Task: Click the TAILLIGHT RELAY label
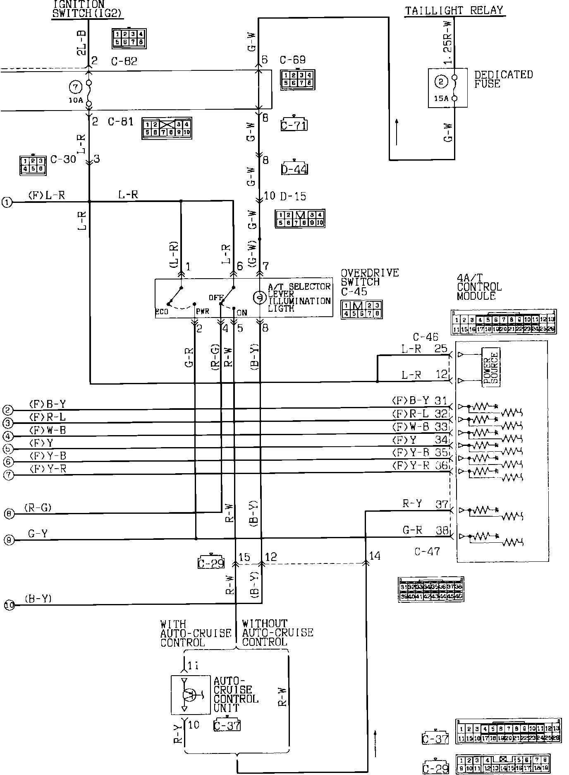[x=454, y=10]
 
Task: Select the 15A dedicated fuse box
[x=447, y=88]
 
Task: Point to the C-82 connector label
[x=124, y=61]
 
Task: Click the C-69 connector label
[x=292, y=60]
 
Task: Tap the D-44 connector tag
[x=294, y=169]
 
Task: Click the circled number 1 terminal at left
[x=7, y=202]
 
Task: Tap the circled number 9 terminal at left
[x=9, y=540]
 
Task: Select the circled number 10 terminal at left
[x=9, y=605]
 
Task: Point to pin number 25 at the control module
[x=441, y=349]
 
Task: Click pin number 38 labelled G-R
[x=442, y=530]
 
